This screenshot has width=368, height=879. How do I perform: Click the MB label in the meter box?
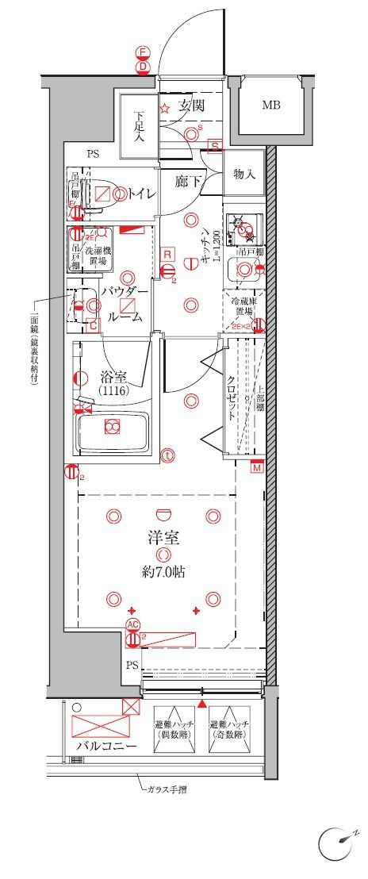270,106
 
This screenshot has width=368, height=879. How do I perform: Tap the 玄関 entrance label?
191,105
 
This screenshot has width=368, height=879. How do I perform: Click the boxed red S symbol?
215,145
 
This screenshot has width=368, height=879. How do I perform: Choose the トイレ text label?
141,193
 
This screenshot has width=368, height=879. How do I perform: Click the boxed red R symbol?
168,254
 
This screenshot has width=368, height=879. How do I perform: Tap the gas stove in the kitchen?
240,228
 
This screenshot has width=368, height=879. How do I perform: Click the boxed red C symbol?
93,325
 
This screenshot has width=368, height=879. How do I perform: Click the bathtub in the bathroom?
112,431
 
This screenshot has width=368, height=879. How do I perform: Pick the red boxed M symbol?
256,467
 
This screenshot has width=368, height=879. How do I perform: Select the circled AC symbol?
132,624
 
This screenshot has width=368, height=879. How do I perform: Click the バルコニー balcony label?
105,747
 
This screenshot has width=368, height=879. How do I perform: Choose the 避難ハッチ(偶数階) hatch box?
175,730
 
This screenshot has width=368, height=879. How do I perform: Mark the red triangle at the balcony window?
202,704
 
